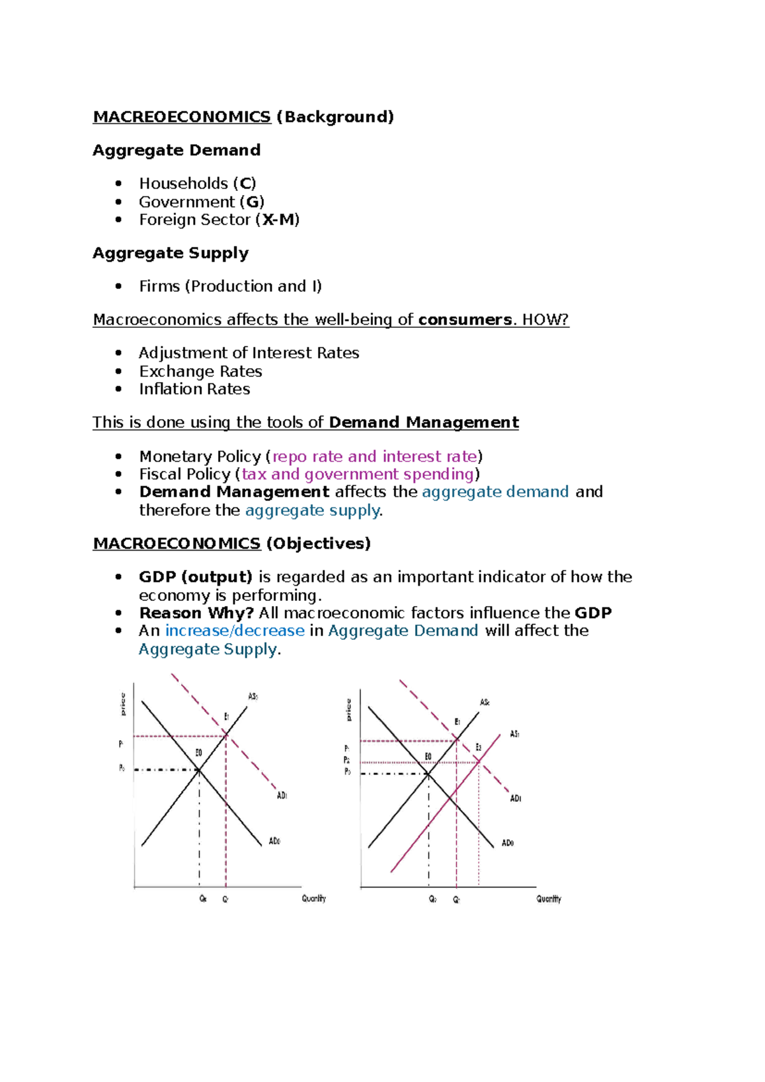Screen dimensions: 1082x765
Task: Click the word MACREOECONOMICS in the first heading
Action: tap(182, 117)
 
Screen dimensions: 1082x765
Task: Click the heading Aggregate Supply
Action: tap(170, 253)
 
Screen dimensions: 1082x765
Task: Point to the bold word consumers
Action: tap(465, 320)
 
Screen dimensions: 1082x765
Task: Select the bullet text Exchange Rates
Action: tap(200, 371)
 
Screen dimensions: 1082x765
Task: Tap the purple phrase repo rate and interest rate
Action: tap(375, 457)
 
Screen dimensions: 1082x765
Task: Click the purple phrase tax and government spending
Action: tap(358, 474)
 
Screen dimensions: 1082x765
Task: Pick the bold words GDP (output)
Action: tap(195, 577)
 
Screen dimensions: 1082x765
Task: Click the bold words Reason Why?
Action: tap(196, 613)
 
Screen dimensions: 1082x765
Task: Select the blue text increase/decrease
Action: tap(235, 631)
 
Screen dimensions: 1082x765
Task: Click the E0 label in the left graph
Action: tap(198, 753)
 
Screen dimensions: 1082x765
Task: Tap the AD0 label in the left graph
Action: tap(274, 841)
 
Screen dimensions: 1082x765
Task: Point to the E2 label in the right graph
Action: tap(478, 747)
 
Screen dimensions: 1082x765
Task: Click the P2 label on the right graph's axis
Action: tap(347, 760)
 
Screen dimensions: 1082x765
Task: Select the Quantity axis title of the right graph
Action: tap(548, 899)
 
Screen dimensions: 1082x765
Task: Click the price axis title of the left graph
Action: tap(123, 704)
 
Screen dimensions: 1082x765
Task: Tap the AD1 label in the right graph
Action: tap(515, 798)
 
